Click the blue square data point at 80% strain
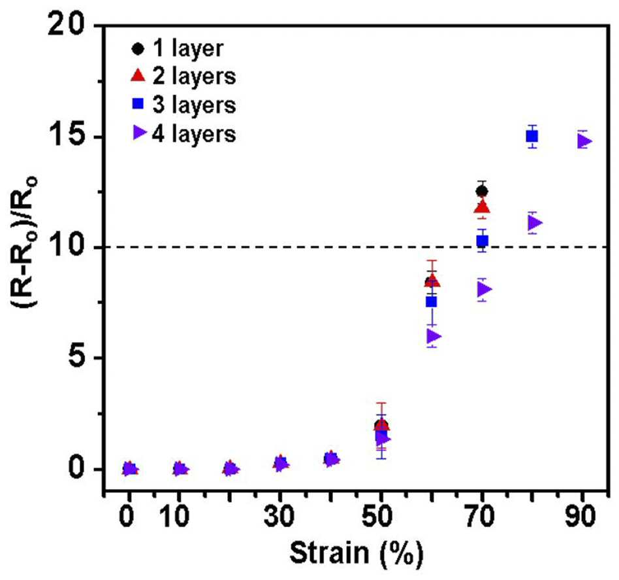pos(532,137)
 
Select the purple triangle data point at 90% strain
pos(584,141)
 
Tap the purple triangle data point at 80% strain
pos(535,223)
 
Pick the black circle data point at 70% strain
pos(482,192)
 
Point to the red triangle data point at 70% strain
pos(483,207)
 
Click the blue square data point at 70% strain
pos(482,241)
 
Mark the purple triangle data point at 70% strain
pos(484,290)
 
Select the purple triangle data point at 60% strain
pos(434,337)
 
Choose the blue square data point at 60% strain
pos(431,302)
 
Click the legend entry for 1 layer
pos(177,49)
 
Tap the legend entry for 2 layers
pos(183,76)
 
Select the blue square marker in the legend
pos(138,104)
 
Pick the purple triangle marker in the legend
pos(139,133)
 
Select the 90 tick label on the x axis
pos(580,516)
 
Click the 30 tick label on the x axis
pos(279,516)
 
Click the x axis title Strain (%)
pos(357,553)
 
